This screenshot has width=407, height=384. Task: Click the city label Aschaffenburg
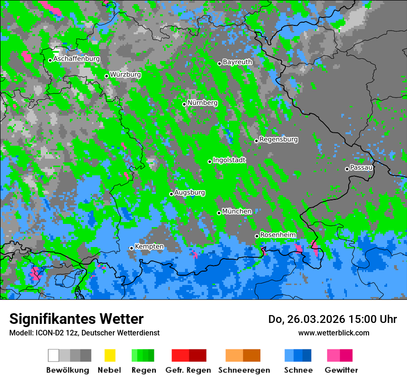pyautogui.click(x=76, y=59)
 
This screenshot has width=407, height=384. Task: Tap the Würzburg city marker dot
pyautogui.click(x=106, y=76)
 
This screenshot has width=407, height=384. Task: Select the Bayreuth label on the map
pyautogui.click(x=237, y=62)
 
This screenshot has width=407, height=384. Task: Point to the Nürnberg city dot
pyautogui.click(x=184, y=104)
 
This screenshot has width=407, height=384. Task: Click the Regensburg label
pyautogui.click(x=278, y=139)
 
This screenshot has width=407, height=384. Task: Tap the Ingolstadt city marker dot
pyautogui.click(x=210, y=161)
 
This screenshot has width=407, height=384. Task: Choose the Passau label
pyautogui.click(x=361, y=167)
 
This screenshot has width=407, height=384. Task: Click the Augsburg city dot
pyautogui.click(x=171, y=194)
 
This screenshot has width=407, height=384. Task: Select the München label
pyautogui.click(x=237, y=211)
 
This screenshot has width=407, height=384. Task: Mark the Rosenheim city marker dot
pyautogui.click(x=257, y=236)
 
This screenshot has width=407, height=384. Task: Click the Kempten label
pyautogui.click(x=149, y=247)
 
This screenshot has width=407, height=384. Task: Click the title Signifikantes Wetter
pyautogui.click(x=76, y=319)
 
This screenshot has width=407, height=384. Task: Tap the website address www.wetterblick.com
pyautogui.click(x=333, y=333)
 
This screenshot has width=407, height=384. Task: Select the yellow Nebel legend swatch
pyautogui.click(x=110, y=355)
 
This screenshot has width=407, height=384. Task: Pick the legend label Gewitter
pyautogui.click(x=341, y=370)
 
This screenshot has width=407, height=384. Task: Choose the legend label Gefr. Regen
pyautogui.click(x=188, y=370)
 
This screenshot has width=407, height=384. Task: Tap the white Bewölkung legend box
pyautogui.click(x=53, y=355)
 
